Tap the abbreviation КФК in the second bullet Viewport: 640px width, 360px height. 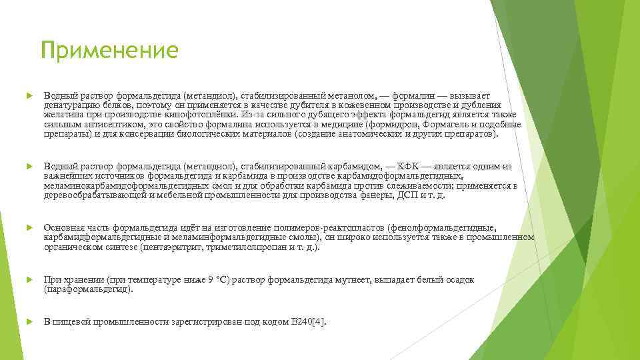point(409,166)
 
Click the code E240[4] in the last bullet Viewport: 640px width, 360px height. point(308,321)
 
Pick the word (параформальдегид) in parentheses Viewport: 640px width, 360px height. point(88,289)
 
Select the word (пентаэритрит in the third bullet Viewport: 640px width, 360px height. point(169,247)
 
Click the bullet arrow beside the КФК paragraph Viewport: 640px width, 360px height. point(28,166)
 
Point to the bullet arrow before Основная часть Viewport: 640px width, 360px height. point(28,228)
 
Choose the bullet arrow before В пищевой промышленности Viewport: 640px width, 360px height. point(28,321)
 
